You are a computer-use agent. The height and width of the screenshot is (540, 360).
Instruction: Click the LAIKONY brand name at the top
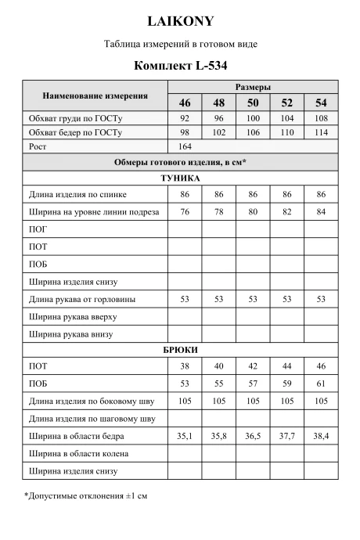(x=180, y=20)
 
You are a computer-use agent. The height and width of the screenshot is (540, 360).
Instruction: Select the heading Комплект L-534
(x=180, y=67)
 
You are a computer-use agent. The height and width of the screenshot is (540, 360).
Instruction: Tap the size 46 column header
(x=185, y=103)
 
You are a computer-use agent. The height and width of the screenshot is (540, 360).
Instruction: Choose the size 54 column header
(x=321, y=103)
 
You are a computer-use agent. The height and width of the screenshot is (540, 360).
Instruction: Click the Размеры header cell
(x=253, y=87)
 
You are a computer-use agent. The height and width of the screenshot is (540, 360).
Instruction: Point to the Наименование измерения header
(x=95, y=95)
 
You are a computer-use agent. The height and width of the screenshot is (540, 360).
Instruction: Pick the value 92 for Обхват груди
(x=185, y=117)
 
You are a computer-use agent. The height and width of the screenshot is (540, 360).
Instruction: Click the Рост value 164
(x=185, y=146)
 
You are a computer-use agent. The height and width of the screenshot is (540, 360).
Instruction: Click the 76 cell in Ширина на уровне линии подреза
(x=185, y=211)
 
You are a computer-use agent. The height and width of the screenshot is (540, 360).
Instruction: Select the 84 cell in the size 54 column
(x=321, y=211)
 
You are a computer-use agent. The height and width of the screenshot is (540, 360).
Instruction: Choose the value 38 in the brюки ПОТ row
(x=185, y=365)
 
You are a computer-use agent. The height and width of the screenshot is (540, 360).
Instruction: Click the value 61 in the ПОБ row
(x=321, y=383)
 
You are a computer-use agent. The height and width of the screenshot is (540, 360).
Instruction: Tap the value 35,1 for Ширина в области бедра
(x=185, y=436)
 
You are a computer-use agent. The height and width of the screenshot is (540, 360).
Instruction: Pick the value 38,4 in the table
(x=321, y=436)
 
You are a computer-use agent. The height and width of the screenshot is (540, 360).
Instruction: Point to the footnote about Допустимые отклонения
(x=86, y=496)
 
